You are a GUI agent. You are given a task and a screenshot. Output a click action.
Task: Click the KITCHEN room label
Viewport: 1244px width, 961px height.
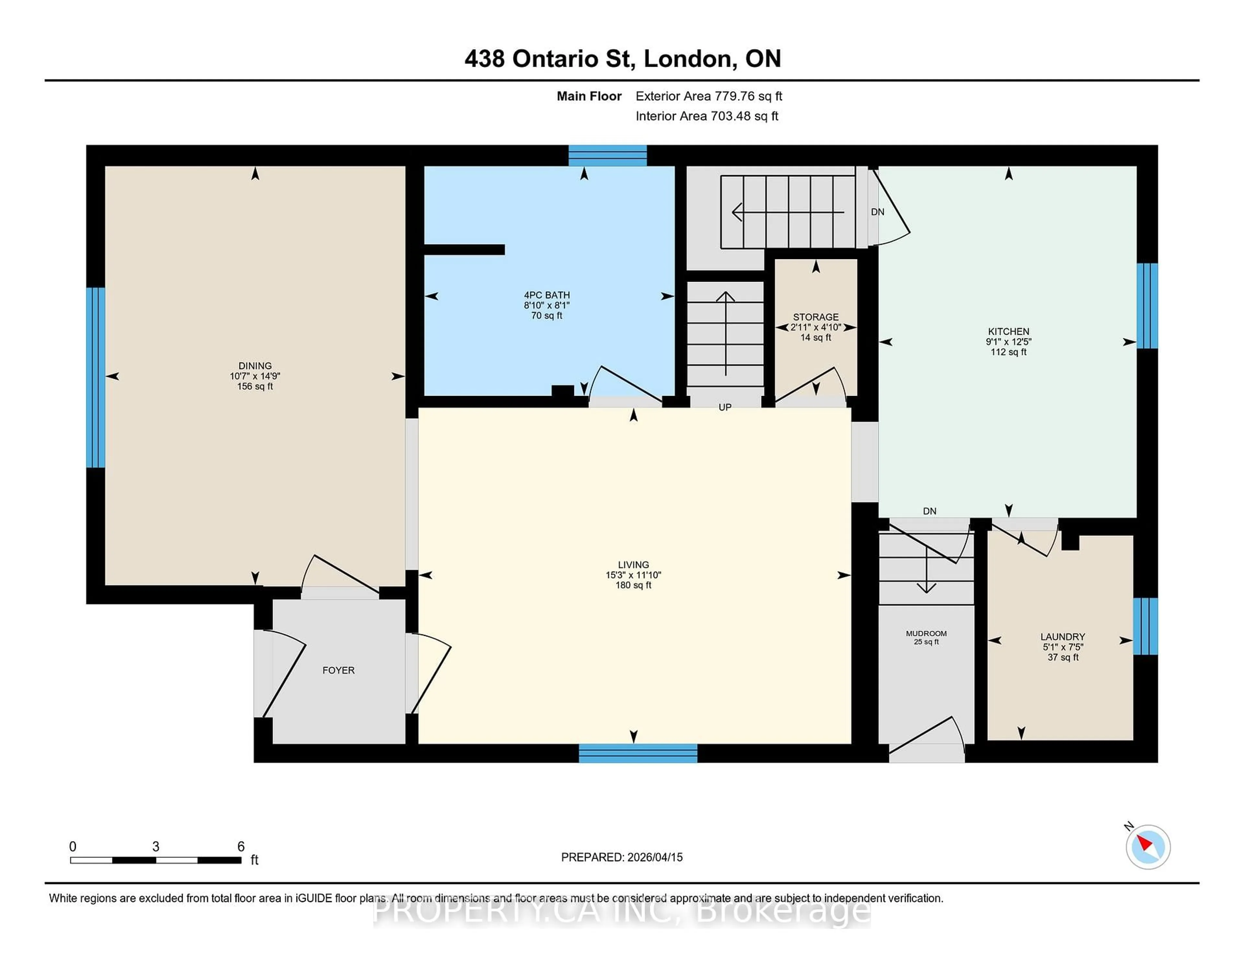point(1008,331)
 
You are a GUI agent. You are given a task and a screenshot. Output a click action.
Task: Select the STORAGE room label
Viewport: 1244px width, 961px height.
point(816,317)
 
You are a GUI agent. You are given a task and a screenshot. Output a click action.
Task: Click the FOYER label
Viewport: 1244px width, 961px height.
point(338,670)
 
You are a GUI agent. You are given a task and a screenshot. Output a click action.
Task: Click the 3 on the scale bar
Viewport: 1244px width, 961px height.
point(155,847)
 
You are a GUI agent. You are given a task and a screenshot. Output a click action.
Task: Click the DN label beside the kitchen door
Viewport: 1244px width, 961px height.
point(877,212)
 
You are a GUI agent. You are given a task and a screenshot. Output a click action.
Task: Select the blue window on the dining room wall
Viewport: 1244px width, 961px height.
point(95,377)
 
